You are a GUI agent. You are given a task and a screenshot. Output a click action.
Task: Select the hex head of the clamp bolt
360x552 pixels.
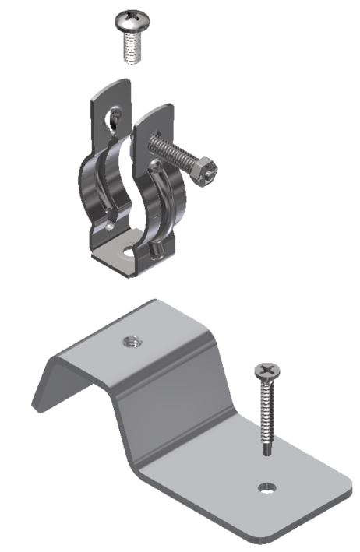[206, 168]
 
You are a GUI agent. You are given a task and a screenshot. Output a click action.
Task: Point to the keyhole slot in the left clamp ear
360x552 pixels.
[114, 118]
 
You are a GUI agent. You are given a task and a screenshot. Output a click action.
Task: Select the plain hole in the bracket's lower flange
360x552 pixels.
[267, 488]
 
